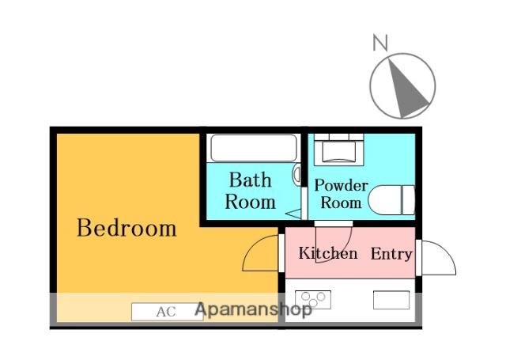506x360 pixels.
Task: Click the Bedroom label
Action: point(126,228)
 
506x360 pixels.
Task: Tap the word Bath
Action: point(250,180)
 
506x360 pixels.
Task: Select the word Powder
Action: point(341,185)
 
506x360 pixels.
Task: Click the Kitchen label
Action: point(328,253)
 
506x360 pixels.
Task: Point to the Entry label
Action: point(391,254)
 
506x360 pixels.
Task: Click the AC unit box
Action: point(167,312)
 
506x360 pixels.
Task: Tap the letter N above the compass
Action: point(380,42)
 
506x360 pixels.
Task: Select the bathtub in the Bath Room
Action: point(254,148)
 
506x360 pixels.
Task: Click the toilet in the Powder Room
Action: point(391,200)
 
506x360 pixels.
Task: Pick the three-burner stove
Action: point(313,300)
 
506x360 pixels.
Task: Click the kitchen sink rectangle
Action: point(391,300)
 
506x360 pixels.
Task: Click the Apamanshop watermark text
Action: point(253,309)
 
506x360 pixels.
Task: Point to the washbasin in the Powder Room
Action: point(339,150)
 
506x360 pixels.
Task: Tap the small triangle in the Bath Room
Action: point(293,214)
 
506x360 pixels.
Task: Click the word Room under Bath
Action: point(250,202)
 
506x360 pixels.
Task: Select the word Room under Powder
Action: point(341,203)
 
